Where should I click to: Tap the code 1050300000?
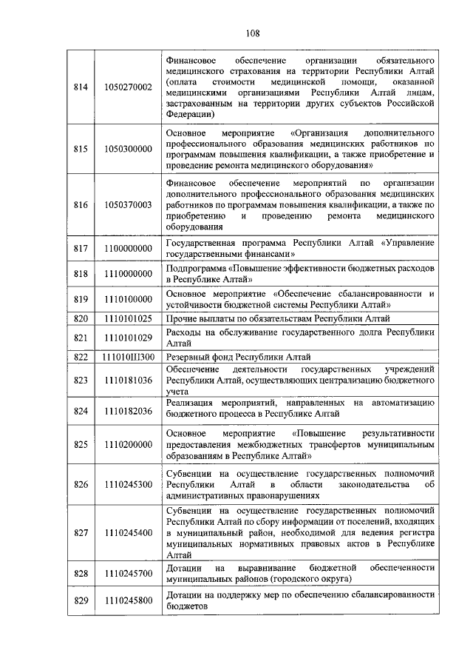[128, 149]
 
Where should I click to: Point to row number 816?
[81, 204]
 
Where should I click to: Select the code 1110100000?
[128, 299]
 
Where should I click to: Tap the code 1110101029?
[128, 338]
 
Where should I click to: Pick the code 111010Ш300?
[128, 357]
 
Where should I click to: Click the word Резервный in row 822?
[188, 357]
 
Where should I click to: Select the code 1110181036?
[128, 381]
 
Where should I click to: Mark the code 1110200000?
[128, 444]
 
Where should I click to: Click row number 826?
[81, 484]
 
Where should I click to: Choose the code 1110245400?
[128, 532]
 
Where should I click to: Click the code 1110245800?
[128, 600]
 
